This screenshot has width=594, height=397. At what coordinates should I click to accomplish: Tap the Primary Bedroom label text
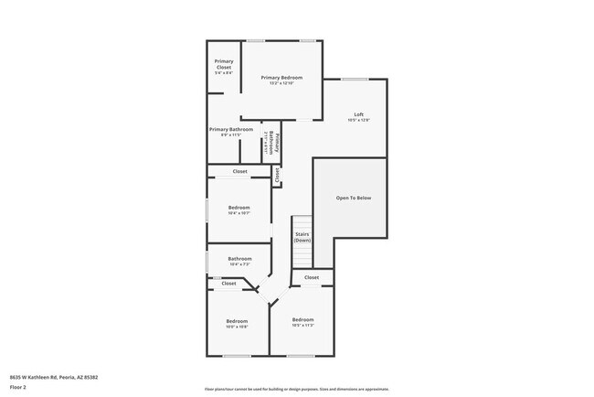pyautogui.click(x=281, y=78)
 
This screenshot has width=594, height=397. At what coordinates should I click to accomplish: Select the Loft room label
pyautogui.click(x=359, y=114)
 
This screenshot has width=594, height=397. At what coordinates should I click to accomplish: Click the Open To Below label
pyautogui.click(x=354, y=198)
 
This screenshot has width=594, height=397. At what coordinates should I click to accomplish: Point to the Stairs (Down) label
pyautogui.click(x=302, y=237)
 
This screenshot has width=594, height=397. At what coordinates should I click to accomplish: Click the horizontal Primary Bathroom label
pyautogui.click(x=231, y=129)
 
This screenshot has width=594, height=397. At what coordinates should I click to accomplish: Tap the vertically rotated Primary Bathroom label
pyautogui.click(x=273, y=145)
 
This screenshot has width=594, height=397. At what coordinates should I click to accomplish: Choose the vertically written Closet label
pyautogui.click(x=277, y=176)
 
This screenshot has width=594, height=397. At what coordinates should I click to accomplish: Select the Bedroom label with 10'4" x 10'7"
pyautogui.click(x=239, y=208)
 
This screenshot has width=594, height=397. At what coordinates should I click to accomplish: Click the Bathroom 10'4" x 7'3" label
pyautogui.click(x=239, y=259)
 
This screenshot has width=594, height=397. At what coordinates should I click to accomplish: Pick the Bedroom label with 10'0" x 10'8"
pyautogui.click(x=238, y=320)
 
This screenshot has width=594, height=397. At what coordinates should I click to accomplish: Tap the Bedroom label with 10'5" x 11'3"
pyautogui.click(x=303, y=319)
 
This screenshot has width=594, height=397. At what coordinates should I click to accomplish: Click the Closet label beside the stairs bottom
pyautogui.click(x=312, y=277)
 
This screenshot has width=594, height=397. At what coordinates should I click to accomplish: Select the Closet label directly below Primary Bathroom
pyautogui.click(x=239, y=171)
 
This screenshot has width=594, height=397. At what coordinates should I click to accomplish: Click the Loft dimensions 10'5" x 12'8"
pyautogui.click(x=359, y=121)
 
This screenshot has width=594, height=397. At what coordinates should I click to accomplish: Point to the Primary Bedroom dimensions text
pyautogui.click(x=281, y=83)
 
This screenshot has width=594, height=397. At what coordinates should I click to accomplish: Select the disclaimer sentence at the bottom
pyautogui.click(x=296, y=389)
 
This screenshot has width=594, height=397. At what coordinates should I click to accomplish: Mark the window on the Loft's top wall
pyautogui.click(x=355, y=79)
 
